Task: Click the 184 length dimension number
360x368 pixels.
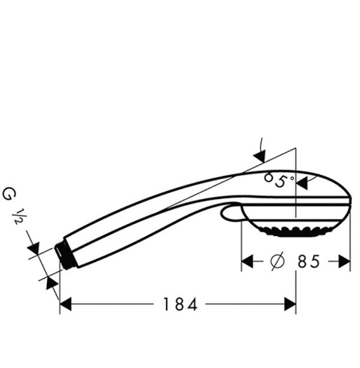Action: click(x=179, y=305)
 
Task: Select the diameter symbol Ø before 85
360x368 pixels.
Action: click(x=276, y=261)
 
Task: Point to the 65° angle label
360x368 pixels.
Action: click(x=280, y=181)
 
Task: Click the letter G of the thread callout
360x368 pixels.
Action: click(x=9, y=193)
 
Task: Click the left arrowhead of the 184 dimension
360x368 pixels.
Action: click(x=65, y=305)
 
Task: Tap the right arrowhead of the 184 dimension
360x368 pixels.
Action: click(x=290, y=305)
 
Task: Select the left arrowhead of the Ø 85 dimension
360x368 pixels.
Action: click(x=247, y=261)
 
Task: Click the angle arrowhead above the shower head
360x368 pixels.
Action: click(x=259, y=154)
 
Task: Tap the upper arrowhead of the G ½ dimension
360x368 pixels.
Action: click(x=35, y=249)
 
